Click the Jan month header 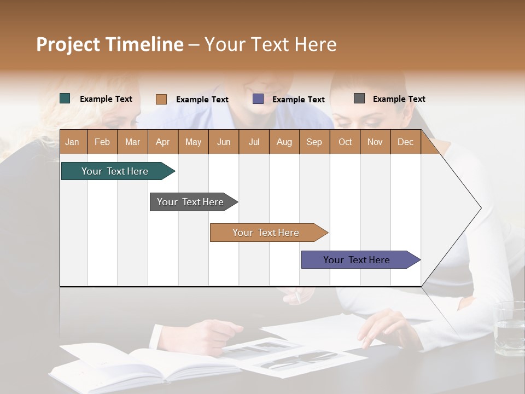(x=73, y=142)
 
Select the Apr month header (x=163, y=142)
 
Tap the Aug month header (x=284, y=142)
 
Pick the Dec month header (x=406, y=142)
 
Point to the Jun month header (x=224, y=142)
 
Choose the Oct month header (x=345, y=142)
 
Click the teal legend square (x=65, y=99)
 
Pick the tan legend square (x=161, y=99)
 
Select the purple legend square (x=258, y=99)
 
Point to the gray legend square (x=359, y=99)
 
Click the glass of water (x=509, y=328)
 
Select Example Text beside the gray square (x=399, y=99)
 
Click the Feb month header (x=102, y=142)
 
